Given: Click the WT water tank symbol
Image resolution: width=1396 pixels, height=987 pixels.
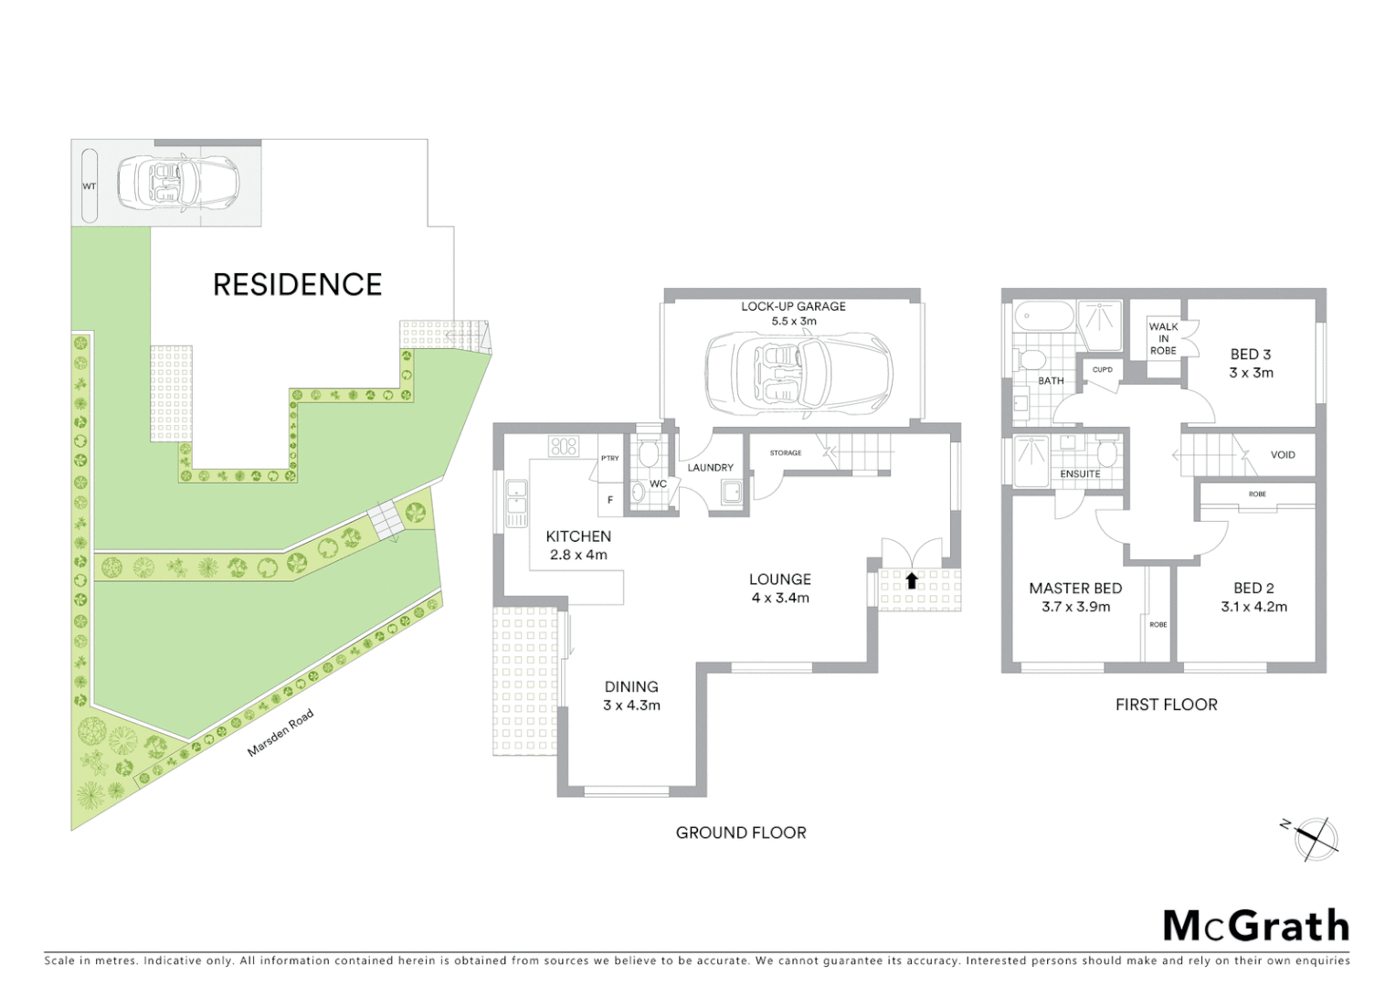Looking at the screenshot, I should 90,186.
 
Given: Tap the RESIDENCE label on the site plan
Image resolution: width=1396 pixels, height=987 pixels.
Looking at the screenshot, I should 297,284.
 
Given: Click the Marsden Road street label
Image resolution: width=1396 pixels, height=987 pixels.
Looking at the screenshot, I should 280,733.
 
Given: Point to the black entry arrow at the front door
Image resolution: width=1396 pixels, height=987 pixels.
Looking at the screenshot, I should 911,579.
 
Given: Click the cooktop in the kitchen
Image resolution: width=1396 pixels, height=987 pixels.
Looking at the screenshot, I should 564,446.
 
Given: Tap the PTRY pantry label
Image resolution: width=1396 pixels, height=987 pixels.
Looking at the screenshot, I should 609,458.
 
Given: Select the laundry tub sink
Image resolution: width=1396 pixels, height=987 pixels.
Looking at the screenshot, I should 732,493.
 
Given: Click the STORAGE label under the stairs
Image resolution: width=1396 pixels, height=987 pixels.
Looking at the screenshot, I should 786,452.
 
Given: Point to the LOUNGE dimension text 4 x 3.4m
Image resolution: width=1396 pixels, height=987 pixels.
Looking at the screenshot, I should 779,598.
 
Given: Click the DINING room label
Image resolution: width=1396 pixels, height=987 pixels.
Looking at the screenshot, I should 631,686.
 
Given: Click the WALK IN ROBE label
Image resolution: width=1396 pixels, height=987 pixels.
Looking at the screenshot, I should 1163,338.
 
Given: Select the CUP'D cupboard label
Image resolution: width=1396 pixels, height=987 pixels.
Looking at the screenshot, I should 1102,370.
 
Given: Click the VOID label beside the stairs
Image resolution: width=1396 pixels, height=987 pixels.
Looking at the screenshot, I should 1283,454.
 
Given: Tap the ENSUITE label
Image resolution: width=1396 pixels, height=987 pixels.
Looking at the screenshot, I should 1080,473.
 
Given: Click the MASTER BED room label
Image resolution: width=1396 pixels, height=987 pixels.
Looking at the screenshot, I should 1075,588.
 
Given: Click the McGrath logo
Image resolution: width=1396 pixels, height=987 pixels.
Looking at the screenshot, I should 1256,926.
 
